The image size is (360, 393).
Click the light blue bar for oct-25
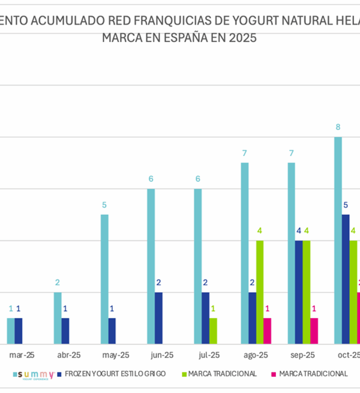(x=338, y=240)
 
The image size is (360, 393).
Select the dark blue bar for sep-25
(x=299, y=292)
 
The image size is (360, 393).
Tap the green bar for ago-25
(x=260, y=292)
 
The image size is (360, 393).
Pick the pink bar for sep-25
(x=314, y=331)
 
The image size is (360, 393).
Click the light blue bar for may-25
(x=104, y=279)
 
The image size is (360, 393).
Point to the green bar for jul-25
(x=213, y=331)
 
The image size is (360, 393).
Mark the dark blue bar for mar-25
(x=19, y=331)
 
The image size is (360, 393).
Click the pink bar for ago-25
(x=268, y=331)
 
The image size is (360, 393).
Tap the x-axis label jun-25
(x=159, y=355)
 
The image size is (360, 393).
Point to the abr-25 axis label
(x=66, y=355)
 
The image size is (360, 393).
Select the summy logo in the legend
(x=37, y=374)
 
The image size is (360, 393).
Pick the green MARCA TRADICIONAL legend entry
(x=222, y=374)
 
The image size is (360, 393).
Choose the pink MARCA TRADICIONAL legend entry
(x=313, y=374)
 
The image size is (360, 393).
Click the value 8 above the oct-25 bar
(x=338, y=127)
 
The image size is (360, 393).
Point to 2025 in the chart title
(x=242, y=38)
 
